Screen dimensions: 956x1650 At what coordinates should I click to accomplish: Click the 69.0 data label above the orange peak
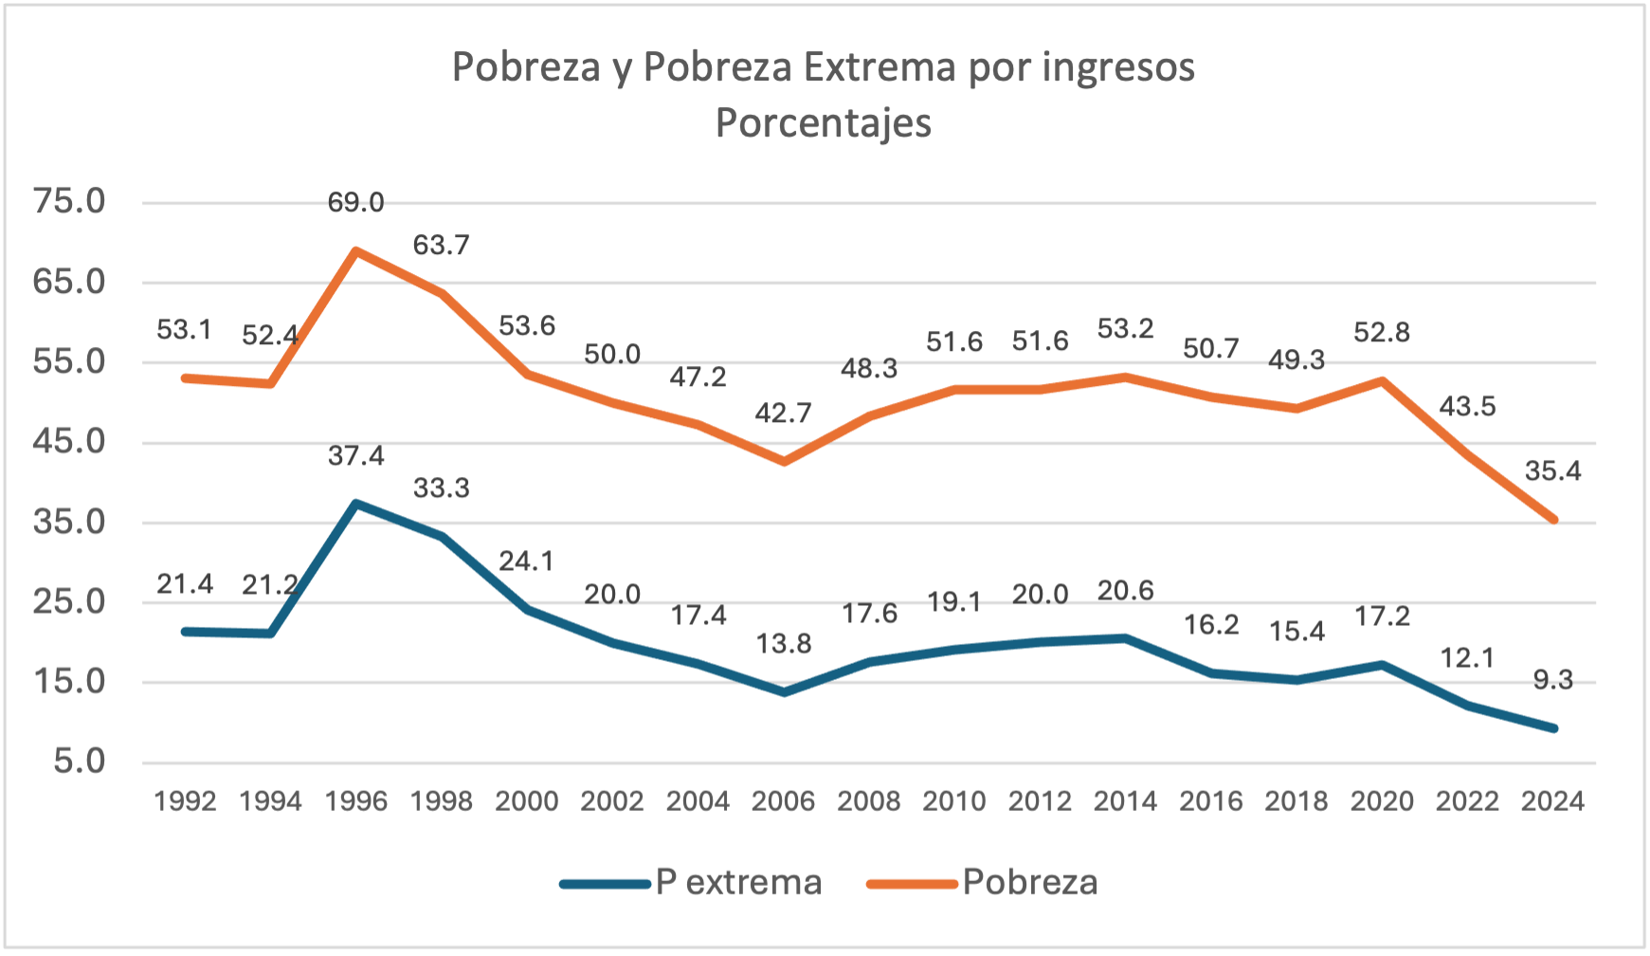tap(356, 203)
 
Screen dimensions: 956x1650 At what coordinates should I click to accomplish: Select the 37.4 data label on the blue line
tap(356, 456)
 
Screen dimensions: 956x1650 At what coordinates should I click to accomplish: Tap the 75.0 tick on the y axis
tap(69, 202)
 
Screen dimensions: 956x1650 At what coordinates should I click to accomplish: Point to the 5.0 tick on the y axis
tap(79, 762)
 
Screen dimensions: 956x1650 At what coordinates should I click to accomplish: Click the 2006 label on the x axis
tap(783, 801)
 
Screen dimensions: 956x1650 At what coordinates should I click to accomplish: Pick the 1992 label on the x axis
tap(185, 801)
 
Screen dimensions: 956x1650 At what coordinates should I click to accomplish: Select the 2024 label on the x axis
tap(1552, 801)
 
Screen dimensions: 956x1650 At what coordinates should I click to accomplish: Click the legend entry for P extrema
tap(692, 883)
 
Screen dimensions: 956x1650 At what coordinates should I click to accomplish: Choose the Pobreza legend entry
tap(984, 883)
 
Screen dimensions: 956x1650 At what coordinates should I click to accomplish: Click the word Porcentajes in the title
tap(824, 123)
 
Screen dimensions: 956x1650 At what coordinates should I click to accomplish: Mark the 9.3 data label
tap(1552, 680)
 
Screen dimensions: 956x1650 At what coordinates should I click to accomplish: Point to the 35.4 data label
tap(1552, 471)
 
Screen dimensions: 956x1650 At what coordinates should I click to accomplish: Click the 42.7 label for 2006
tap(783, 414)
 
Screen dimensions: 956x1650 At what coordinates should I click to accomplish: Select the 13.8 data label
tap(783, 645)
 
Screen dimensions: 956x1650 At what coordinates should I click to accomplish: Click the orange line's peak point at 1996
tap(356, 251)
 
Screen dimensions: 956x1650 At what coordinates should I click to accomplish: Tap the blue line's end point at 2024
tap(1553, 728)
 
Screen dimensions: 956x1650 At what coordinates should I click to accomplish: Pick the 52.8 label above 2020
tap(1382, 333)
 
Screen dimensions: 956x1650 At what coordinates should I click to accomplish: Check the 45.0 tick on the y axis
tap(69, 442)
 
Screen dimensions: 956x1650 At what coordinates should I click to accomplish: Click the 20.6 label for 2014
tap(1125, 592)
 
